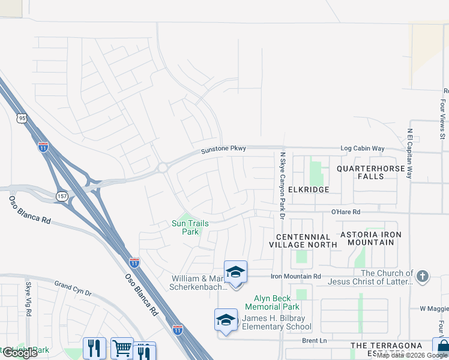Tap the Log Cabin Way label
coord(362,148)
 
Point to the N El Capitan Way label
coord(410,154)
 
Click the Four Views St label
coord(442,119)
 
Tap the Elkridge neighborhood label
coord(309,189)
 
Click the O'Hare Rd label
coord(346,212)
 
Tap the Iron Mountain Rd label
coord(296,277)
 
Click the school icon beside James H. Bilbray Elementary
coord(226,320)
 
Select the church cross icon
coord(423,276)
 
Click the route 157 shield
coord(61,196)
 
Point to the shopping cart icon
coord(122,348)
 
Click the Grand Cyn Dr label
coord(73,285)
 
